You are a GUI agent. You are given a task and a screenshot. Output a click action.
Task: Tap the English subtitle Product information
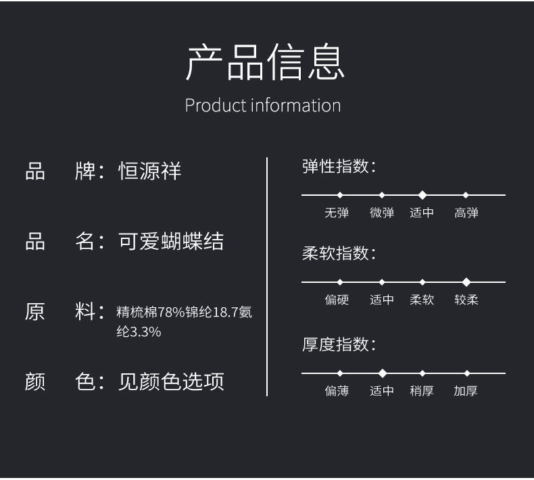(x=263, y=105)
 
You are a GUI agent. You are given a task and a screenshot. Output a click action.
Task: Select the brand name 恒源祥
(x=150, y=170)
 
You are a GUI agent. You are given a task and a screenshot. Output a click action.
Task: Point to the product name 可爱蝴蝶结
(x=171, y=242)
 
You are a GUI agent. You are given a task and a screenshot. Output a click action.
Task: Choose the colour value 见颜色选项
(x=171, y=381)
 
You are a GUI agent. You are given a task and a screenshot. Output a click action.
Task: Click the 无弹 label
(x=337, y=213)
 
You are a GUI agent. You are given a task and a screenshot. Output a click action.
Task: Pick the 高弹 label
(x=466, y=213)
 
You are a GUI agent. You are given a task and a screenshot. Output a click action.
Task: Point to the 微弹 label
(x=382, y=213)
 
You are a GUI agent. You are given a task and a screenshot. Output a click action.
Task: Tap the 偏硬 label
(x=337, y=300)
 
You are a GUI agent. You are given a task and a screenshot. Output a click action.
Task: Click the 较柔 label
(x=466, y=300)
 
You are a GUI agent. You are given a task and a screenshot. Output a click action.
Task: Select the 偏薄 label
(x=337, y=391)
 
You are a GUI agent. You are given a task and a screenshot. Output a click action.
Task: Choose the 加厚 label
(x=466, y=391)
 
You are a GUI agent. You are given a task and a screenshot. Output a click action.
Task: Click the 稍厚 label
(x=422, y=391)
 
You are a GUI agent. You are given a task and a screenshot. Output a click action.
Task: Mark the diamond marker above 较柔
(x=466, y=282)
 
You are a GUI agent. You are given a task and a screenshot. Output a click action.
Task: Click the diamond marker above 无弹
(x=340, y=195)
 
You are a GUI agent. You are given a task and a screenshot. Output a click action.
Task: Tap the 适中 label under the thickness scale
(x=382, y=391)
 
